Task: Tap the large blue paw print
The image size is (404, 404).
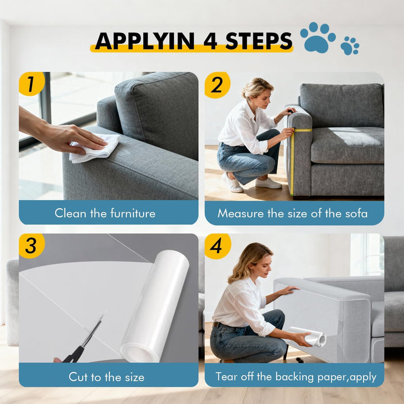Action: click(317, 38)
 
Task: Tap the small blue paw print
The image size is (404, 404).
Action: click(349, 45)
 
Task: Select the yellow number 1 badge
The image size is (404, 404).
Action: click(31, 84)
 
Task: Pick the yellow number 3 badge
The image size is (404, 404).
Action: click(31, 246)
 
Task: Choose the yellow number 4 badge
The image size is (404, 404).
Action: click(217, 246)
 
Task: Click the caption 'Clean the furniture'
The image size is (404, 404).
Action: click(105, 213)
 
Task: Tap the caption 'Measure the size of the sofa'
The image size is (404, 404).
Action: click(292, 213)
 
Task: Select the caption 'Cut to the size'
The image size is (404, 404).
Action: click(106, 377)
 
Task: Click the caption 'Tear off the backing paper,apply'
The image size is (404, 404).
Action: click(296, 377)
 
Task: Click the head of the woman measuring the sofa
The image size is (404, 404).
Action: click(258, 90)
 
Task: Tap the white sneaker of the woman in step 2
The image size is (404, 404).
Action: click(268, 183)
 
